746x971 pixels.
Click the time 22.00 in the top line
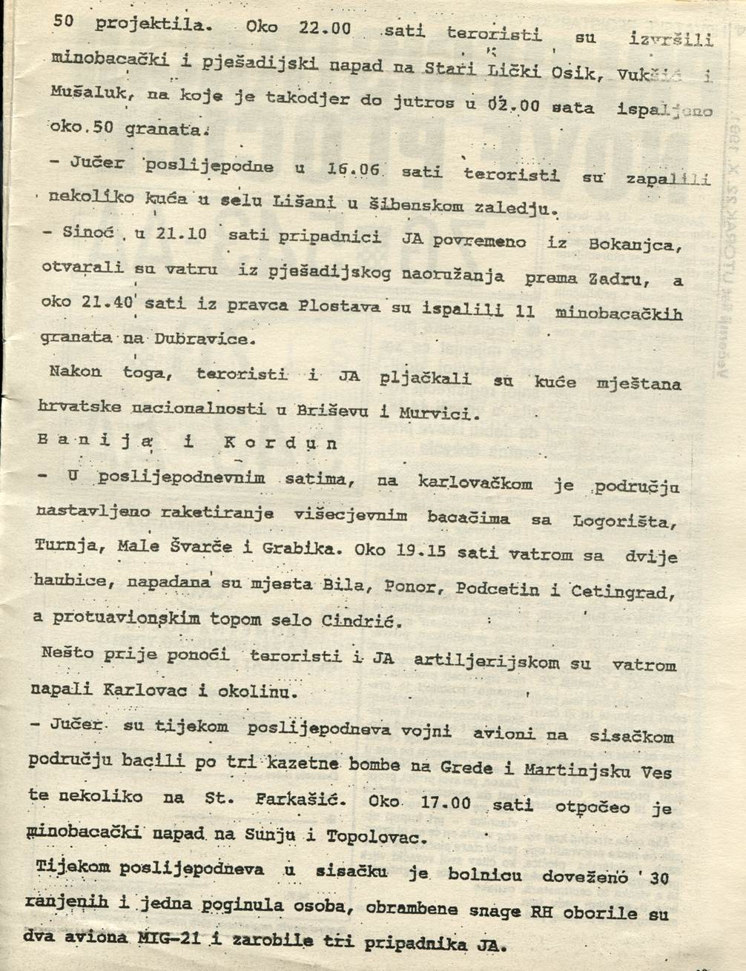pyautogui.click(x=324, y=28)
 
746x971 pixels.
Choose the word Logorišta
pyautogui.click(x=624, y=522)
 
